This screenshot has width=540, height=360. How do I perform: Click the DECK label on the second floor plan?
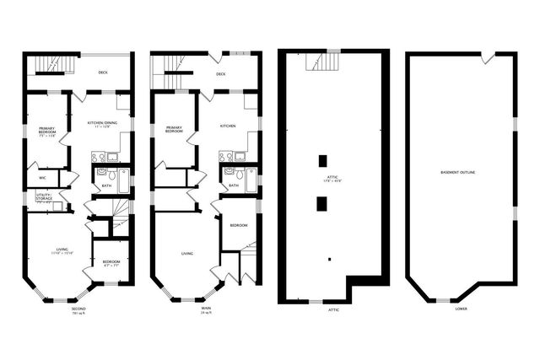[x=103, y=73]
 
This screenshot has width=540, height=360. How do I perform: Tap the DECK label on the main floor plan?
[x=221, y=74]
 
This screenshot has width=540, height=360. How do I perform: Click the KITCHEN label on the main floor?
[x=228, y=126]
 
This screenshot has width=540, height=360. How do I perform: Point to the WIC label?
[x=42, y=178]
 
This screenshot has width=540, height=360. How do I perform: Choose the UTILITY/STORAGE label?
[x=43, y=196]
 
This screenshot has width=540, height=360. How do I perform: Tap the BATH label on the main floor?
[x=233, y=185]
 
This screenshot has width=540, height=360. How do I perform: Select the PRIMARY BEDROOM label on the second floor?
[x=46, y=131]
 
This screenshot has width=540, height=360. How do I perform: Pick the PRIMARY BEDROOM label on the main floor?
[x=174, y=131]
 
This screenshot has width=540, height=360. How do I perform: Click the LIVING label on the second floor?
[x=62, y=250]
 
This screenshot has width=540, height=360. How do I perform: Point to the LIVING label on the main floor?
[x=187, y=253]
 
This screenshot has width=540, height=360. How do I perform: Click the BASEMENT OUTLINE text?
[x=458, y=173]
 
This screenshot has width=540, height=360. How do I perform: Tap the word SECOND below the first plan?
[x=78, y=309]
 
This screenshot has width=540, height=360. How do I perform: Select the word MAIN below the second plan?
[x=206, y=309]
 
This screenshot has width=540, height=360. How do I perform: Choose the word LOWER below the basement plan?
[x=461, y=309]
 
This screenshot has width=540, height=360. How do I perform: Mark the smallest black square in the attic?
[x=331, y=258]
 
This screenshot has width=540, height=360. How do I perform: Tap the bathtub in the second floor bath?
[x=123, y=180]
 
